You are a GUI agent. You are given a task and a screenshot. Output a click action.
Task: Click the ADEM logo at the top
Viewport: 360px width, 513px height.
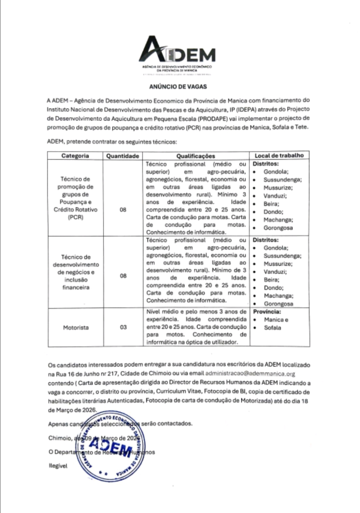pyautogui.click(x=177, y=53)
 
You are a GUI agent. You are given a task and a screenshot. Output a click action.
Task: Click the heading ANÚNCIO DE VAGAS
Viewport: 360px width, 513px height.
pyautogui.click(x=178, y=87)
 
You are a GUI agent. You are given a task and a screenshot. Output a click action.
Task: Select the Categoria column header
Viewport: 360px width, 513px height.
pyautogui.click(x=75, y=156)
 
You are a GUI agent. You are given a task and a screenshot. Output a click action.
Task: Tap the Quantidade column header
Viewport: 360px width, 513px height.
pyautogui.click(x=123, y=156)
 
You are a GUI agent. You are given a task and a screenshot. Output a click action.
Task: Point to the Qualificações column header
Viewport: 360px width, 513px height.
pyautogui.click(x=196, y=156)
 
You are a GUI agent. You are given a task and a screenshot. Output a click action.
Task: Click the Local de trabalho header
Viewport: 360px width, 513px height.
pyautogui.click(x=279, y=155)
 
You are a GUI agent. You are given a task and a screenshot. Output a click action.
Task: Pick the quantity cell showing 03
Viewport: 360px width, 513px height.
pyautogui.click(x=123, y=327)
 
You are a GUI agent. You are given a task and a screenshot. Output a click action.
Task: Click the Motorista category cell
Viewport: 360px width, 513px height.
pyautogui.click(x=76, y=328)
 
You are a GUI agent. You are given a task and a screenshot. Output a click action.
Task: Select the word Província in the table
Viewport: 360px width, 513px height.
pyautogui.click(x=267, y=312)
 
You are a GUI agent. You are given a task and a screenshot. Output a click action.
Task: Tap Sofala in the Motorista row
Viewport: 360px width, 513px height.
pyautogui.click(x=272, y=328)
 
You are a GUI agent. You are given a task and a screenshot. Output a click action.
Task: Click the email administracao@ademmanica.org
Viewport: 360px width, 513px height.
pyautogui.click(x=250, y=374)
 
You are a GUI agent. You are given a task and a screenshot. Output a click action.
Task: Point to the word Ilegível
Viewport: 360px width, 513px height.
pyautogui.click(x=58, y=466)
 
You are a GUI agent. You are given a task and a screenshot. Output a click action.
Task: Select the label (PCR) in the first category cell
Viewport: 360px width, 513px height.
pyautogui.click(x=75, y=217)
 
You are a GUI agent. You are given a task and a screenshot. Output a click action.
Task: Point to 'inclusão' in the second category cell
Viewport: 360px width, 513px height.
pyautogui.click(x=76, y=280)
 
